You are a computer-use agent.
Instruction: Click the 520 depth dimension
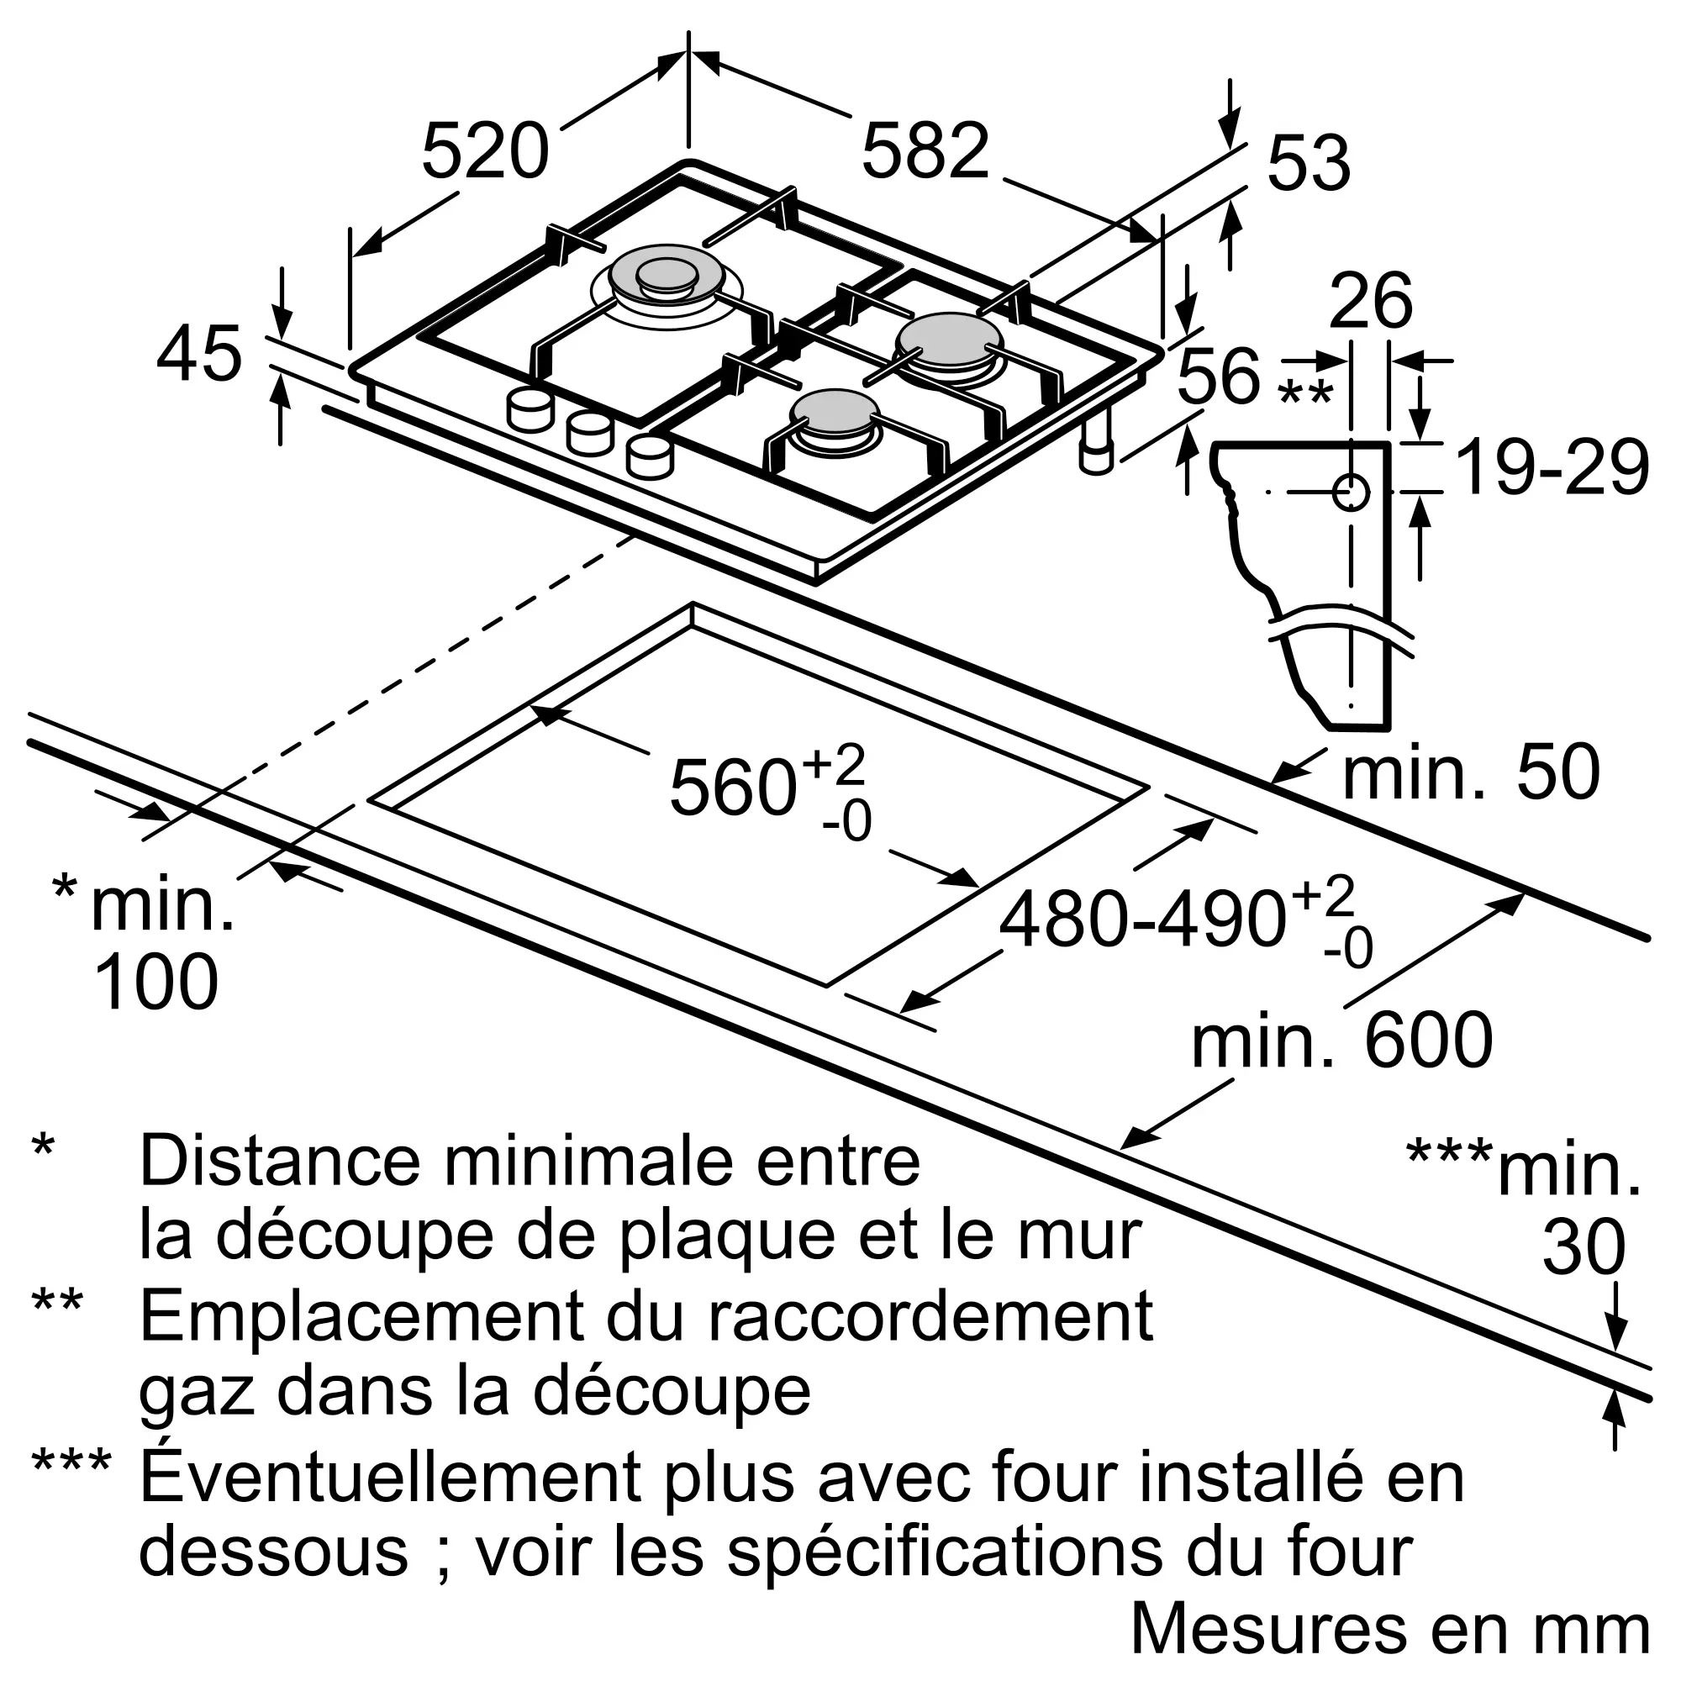486,151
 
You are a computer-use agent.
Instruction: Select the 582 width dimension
925,151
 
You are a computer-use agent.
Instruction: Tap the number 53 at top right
1309,163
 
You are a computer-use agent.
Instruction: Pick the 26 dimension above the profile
1370,300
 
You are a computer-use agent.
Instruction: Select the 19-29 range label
1552,467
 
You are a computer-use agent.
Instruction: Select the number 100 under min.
155,982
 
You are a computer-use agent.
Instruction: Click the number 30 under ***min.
1584,1246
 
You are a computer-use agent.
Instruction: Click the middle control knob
591,432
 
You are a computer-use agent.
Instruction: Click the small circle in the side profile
1351,493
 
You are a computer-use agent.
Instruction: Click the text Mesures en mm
1390,1630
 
